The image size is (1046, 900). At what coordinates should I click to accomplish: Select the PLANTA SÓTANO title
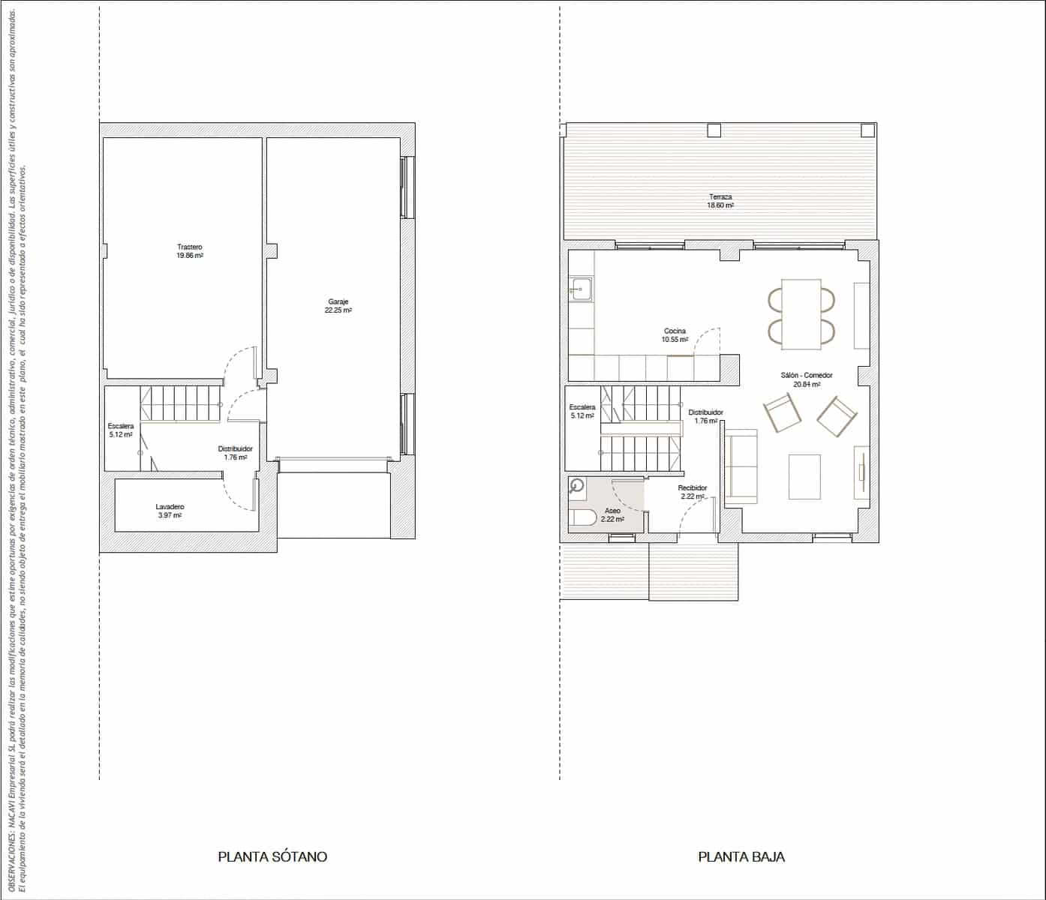point(272,856)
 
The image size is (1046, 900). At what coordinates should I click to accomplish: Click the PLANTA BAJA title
point(741,856)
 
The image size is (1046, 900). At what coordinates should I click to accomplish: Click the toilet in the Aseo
point(581,518)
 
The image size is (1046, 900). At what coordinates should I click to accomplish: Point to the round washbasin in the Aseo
point(576,485)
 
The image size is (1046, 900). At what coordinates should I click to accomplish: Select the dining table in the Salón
point(801,314)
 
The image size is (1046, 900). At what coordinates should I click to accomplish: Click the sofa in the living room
point(740,466)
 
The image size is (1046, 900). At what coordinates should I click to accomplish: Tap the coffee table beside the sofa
point(805,476)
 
